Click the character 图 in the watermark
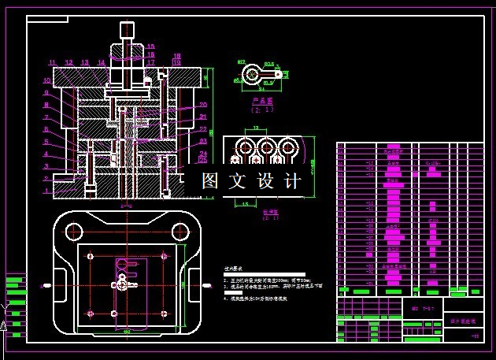(x=210, y=181)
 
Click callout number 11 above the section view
(x=52, y=62)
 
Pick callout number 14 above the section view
(x=101, y=62)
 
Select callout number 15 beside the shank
(x=150, y=47)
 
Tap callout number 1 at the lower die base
(x=46, y=191)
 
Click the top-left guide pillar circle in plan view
(x=74, y=232)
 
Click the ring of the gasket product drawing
(x=251, y=74)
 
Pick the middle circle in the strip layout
(x=266, y=148)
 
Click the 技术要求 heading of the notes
(x=235, y=269)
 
